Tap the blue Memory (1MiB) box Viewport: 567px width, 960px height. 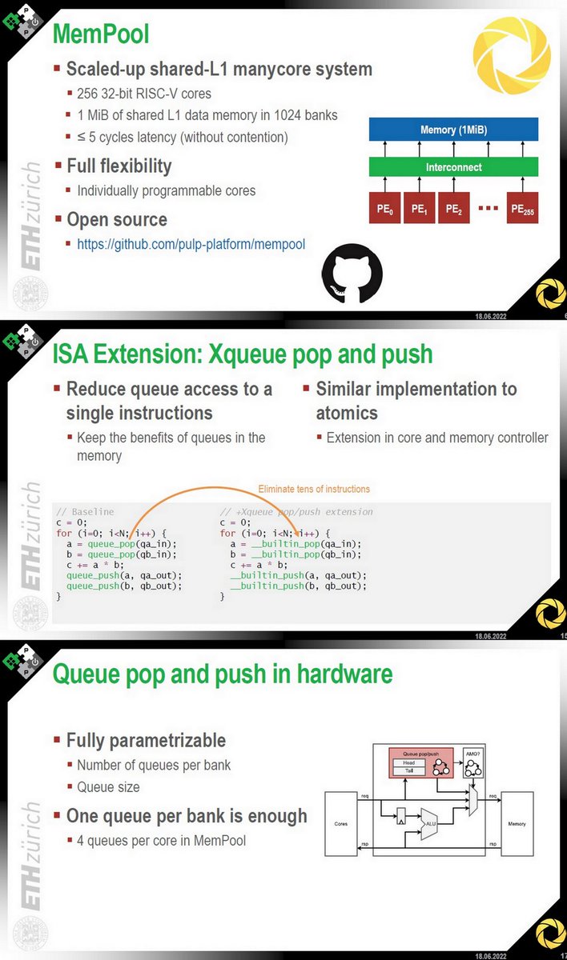(453, 130)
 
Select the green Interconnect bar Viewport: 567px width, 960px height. (453, 167)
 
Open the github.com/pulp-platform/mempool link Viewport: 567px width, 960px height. (191, 244)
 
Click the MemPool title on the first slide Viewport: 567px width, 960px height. (101, 34)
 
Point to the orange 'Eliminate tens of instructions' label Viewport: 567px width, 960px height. (314, 489)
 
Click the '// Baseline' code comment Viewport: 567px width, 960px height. (85, 511)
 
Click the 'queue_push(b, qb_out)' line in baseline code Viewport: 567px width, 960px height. (124, 585)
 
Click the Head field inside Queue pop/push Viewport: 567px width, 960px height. (408, 762)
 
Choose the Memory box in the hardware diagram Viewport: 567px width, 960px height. (516, 823)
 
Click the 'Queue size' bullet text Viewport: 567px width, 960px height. (108, 787)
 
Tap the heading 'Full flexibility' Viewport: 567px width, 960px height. (119, 166)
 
